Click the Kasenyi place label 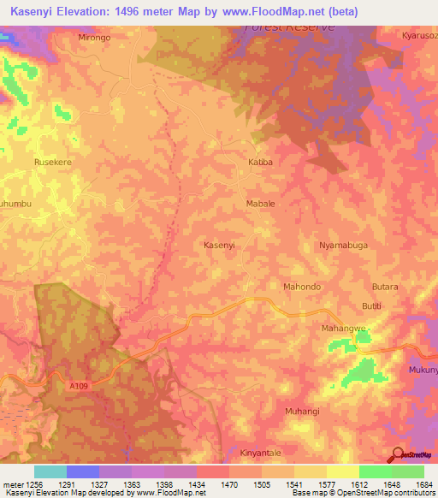click(x=219, y=245)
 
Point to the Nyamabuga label click(x=343, y=245)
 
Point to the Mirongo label click(x=94, y=39)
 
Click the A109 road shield click(x=79, y=386)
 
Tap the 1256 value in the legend click(x=28, y=484)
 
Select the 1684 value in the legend click(x=423, y=484)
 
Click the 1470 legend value click(x=227, y=484)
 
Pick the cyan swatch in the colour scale click(x=50, y=471)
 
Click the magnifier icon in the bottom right click(x=398, y=454)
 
